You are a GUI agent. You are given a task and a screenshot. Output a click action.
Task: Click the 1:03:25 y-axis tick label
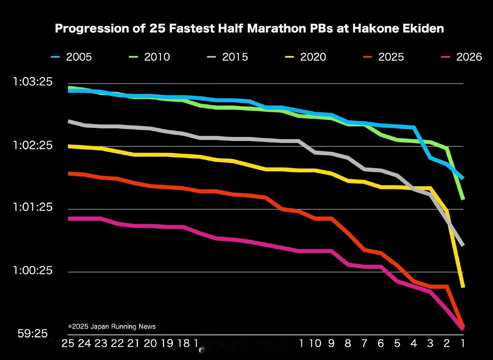tap(33, 82)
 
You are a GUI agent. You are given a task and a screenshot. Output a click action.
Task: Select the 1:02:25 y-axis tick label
tap(33, 145)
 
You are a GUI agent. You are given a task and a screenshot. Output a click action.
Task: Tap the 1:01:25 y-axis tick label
tap(33, 207)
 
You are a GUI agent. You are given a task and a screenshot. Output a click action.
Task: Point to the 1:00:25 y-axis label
tap(33, 270)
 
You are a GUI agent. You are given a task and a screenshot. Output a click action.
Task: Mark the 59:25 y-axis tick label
tap(33, 333)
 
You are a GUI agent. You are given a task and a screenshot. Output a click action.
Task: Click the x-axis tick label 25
tap(68, 343)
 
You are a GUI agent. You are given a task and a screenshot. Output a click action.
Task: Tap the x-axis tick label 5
tap(397, 343)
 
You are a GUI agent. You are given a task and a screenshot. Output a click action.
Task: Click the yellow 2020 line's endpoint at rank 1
tap(463, 286)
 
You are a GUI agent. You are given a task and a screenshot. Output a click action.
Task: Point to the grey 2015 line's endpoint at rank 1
tap(463, 245)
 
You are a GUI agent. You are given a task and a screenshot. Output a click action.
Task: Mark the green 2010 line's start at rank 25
tap(69, 87)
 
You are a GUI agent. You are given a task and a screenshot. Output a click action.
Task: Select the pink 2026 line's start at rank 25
tap(69, 218)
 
